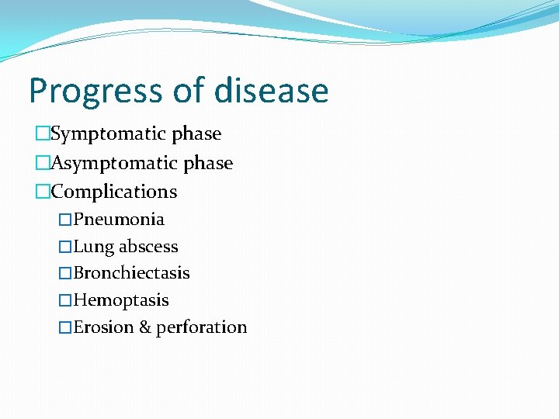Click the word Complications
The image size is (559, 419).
[x=114, y=192]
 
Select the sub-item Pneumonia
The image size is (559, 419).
[x=119, y=220]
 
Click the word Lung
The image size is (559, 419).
[x=93, y=247]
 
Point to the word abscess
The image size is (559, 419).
[x=148, y=247]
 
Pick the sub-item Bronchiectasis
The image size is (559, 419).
[x=131, y=273]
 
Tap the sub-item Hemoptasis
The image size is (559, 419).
[x=121, y=300]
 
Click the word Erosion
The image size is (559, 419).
[x=103, y=327]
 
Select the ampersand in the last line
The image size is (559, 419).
[x=145, y=327]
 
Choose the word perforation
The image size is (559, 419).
[x=202, y=327]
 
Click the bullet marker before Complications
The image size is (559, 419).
[x=42, y=192]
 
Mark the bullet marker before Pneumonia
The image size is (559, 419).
[x=65, y=220]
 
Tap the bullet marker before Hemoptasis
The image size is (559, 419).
[x=65, y=301]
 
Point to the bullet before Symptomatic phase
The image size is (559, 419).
[x=42, y=134]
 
